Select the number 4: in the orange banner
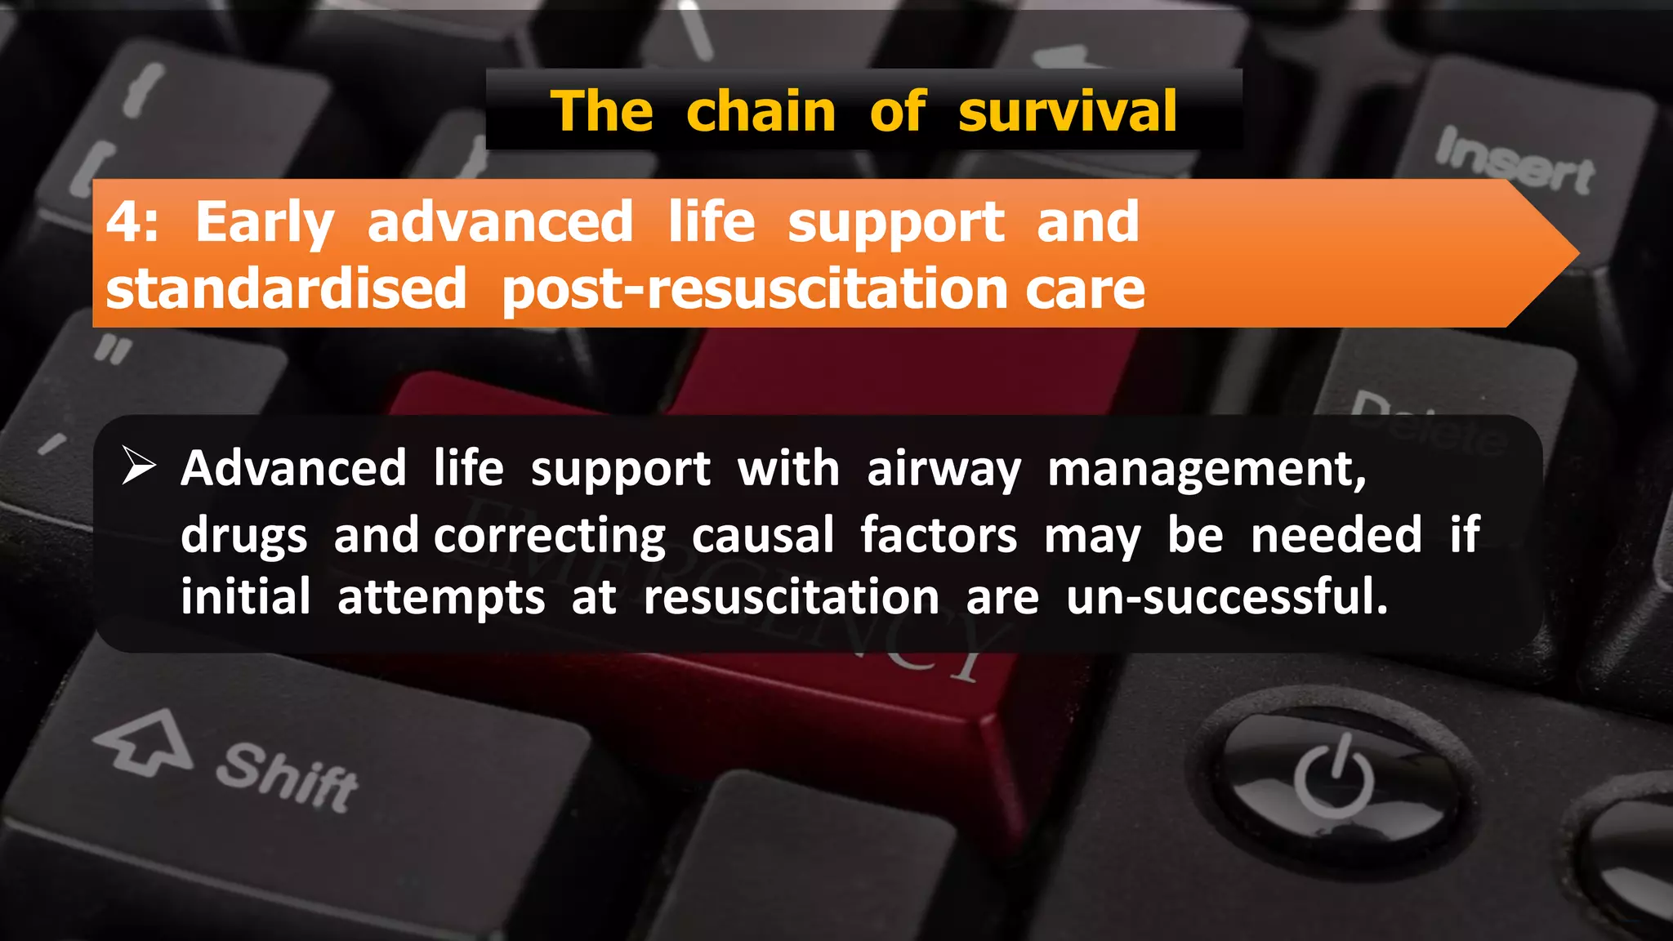(132, 222)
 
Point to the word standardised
(286, 289)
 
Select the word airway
(944, 470)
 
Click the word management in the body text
(1206, 470)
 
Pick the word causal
(762, 536)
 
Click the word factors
(939, 536)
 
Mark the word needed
(1336, 536)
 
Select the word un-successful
(1226, 597)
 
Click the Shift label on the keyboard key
(287, 778)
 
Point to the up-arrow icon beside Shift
(145, 742)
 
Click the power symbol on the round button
(1334, 775)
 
